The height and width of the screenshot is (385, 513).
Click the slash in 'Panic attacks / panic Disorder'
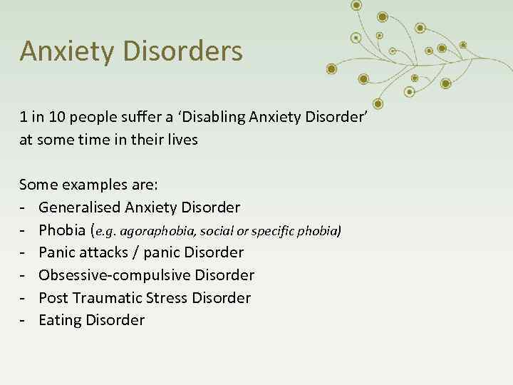click(136, 252)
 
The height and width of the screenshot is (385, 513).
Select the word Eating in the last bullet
click(60, 320)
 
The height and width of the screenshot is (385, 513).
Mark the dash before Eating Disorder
click(23, 320)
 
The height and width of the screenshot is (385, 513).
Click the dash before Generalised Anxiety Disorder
click(23, 207)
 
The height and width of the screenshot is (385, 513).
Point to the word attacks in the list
click(102, 252)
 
